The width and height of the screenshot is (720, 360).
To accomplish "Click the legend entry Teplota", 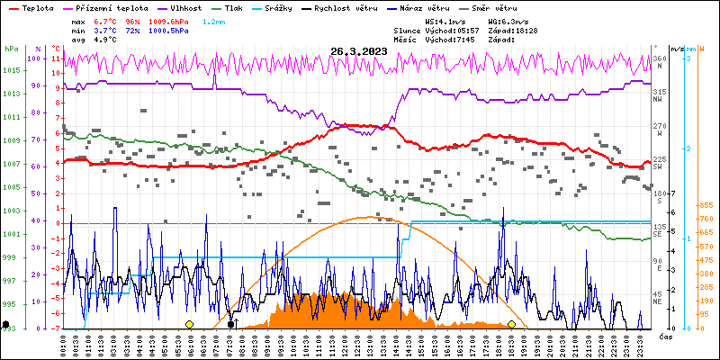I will pos(37,7).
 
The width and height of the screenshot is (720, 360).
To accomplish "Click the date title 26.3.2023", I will pos(359,51).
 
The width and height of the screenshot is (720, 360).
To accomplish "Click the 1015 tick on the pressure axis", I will pos(11,70).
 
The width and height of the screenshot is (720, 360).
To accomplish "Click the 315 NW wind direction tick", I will pos(660,93).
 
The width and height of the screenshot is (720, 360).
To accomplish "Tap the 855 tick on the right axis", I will pos(706,205).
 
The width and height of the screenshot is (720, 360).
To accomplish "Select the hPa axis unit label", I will pos(11,49).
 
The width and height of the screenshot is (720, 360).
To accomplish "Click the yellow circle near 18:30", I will pos(511,324).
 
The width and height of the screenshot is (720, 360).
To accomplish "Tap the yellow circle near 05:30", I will pos(189,324).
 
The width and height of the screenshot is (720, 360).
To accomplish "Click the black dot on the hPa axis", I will pos(6,324).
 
